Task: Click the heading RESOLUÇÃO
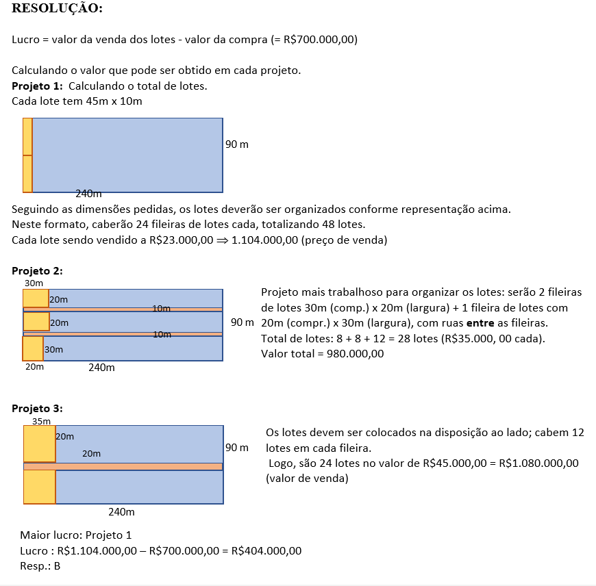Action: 58,9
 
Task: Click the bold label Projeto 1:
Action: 37,86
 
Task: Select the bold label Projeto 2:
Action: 37,270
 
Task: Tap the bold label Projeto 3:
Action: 37,409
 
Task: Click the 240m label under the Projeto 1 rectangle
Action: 89,194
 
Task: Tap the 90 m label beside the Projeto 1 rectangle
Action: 237,144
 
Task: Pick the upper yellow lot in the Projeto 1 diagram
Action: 27,137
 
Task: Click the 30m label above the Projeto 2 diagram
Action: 34,282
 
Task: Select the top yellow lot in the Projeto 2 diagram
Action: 36,298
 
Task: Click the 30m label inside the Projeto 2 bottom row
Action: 53,349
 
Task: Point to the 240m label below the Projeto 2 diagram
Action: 101,367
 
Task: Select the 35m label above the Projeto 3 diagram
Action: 42,421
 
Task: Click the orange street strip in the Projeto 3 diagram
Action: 123,466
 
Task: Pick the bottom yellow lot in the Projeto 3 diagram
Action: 39,487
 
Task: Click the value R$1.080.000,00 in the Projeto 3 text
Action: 540,463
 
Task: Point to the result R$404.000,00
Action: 266,550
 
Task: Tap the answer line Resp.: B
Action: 40,565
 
